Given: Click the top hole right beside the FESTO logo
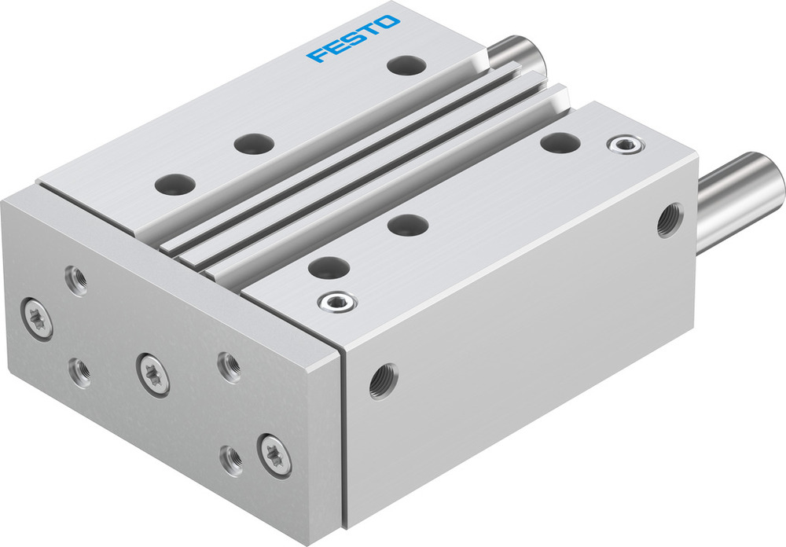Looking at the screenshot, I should (x=406, y=65).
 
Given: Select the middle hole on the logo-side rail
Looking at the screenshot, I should (x=254, y=144).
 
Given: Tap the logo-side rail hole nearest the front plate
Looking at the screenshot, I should (x=174, y=185).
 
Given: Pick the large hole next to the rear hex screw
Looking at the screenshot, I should (x=560, y=143).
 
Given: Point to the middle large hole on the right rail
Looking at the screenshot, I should (x=408, y=225).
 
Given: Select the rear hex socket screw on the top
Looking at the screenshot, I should (x=626, y=144).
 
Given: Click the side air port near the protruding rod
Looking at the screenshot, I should (x=670, y=220).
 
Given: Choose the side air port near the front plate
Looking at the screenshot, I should (x=384, y=380).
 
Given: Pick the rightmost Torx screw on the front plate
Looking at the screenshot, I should (x=274, y=453).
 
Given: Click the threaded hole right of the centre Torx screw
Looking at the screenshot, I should (x=229, y=367).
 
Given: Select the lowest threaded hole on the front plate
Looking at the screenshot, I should (x=231, y=461).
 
